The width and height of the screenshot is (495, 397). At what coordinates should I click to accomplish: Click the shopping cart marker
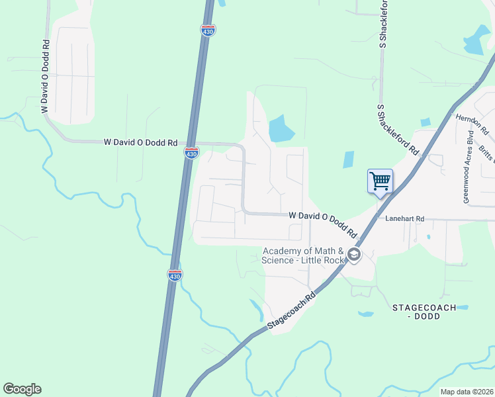[x=380, y=181]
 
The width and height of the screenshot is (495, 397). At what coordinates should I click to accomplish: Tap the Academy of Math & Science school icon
[x=354, y=255]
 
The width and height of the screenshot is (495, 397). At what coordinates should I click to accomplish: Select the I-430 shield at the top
[x=207, y=30]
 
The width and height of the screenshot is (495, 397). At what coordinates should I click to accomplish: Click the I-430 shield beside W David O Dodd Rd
[x=191, y=153]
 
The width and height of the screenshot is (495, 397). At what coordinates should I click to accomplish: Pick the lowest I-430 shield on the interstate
[x=175, y=275]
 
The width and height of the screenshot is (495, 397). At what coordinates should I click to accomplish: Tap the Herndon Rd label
[x=471, y=123]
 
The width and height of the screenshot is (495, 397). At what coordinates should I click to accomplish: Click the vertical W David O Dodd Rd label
[x=46, y=76]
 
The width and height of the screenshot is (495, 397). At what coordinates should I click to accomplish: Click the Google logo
[x=22, y=389]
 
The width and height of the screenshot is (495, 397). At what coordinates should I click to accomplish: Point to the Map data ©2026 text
[x=467, y=392]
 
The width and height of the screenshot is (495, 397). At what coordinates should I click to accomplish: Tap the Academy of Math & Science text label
[x=304, y=255]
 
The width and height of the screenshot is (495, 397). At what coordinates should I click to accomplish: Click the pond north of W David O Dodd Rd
[x=281, y=128]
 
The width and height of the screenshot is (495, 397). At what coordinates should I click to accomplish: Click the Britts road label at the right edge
[x=486, y=152]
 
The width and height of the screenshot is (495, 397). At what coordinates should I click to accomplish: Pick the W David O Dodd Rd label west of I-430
[x=141, y=142]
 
